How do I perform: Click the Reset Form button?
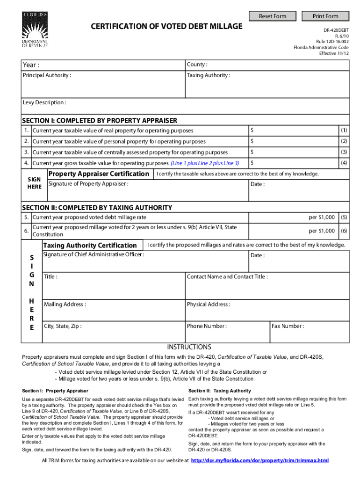click(273, 16)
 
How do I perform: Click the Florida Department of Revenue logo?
click(35, 29)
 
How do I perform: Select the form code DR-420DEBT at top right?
click(337, 29)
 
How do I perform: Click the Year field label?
click(31, 65)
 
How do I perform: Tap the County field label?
click(197, 64)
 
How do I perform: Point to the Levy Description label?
click(44, 102)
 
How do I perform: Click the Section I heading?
click(100, 121)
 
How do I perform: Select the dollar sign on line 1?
click(252, 130)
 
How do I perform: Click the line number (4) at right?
click(344, 163)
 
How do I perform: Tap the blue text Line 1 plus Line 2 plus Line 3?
click(205, 163)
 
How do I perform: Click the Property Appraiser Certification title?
click(99, 174)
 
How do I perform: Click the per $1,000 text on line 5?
click(321, 218)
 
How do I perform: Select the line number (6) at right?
click(344, 231)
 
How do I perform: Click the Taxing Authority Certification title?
click(90, 246)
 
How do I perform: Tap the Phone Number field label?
click(207, 326)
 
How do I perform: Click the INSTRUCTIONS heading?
click(189, 347)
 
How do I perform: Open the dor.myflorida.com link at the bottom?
click(260, 460)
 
